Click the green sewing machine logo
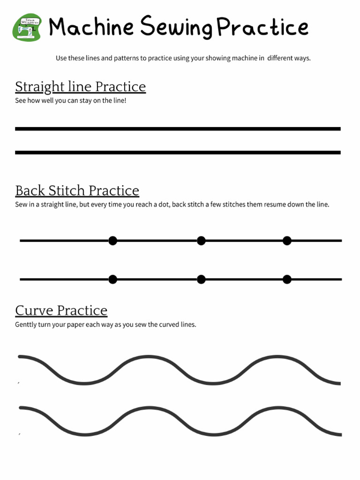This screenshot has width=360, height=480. [x=26, y=27]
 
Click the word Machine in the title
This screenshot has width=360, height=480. [x=91, y=27]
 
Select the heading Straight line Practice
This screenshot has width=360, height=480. [x=80, y=87]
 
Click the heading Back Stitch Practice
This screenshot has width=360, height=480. [x=77, y=191]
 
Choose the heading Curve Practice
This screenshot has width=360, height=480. [x=61, y=310]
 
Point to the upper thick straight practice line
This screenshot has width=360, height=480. [x=178, y=128]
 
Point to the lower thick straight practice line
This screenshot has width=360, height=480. [x=178, y=152]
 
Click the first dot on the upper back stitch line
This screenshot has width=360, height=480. [x=112, y=240]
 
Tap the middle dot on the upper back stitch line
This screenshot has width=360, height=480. [x=201, y=240]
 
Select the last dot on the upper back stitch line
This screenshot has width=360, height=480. [x=287, y=240]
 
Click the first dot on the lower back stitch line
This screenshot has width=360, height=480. [x=112, y=279]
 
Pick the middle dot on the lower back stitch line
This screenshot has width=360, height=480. [x=201, y=279]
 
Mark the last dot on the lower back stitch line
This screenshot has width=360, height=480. [x=287, y=279]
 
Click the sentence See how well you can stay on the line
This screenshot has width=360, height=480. [x=71, y=101]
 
